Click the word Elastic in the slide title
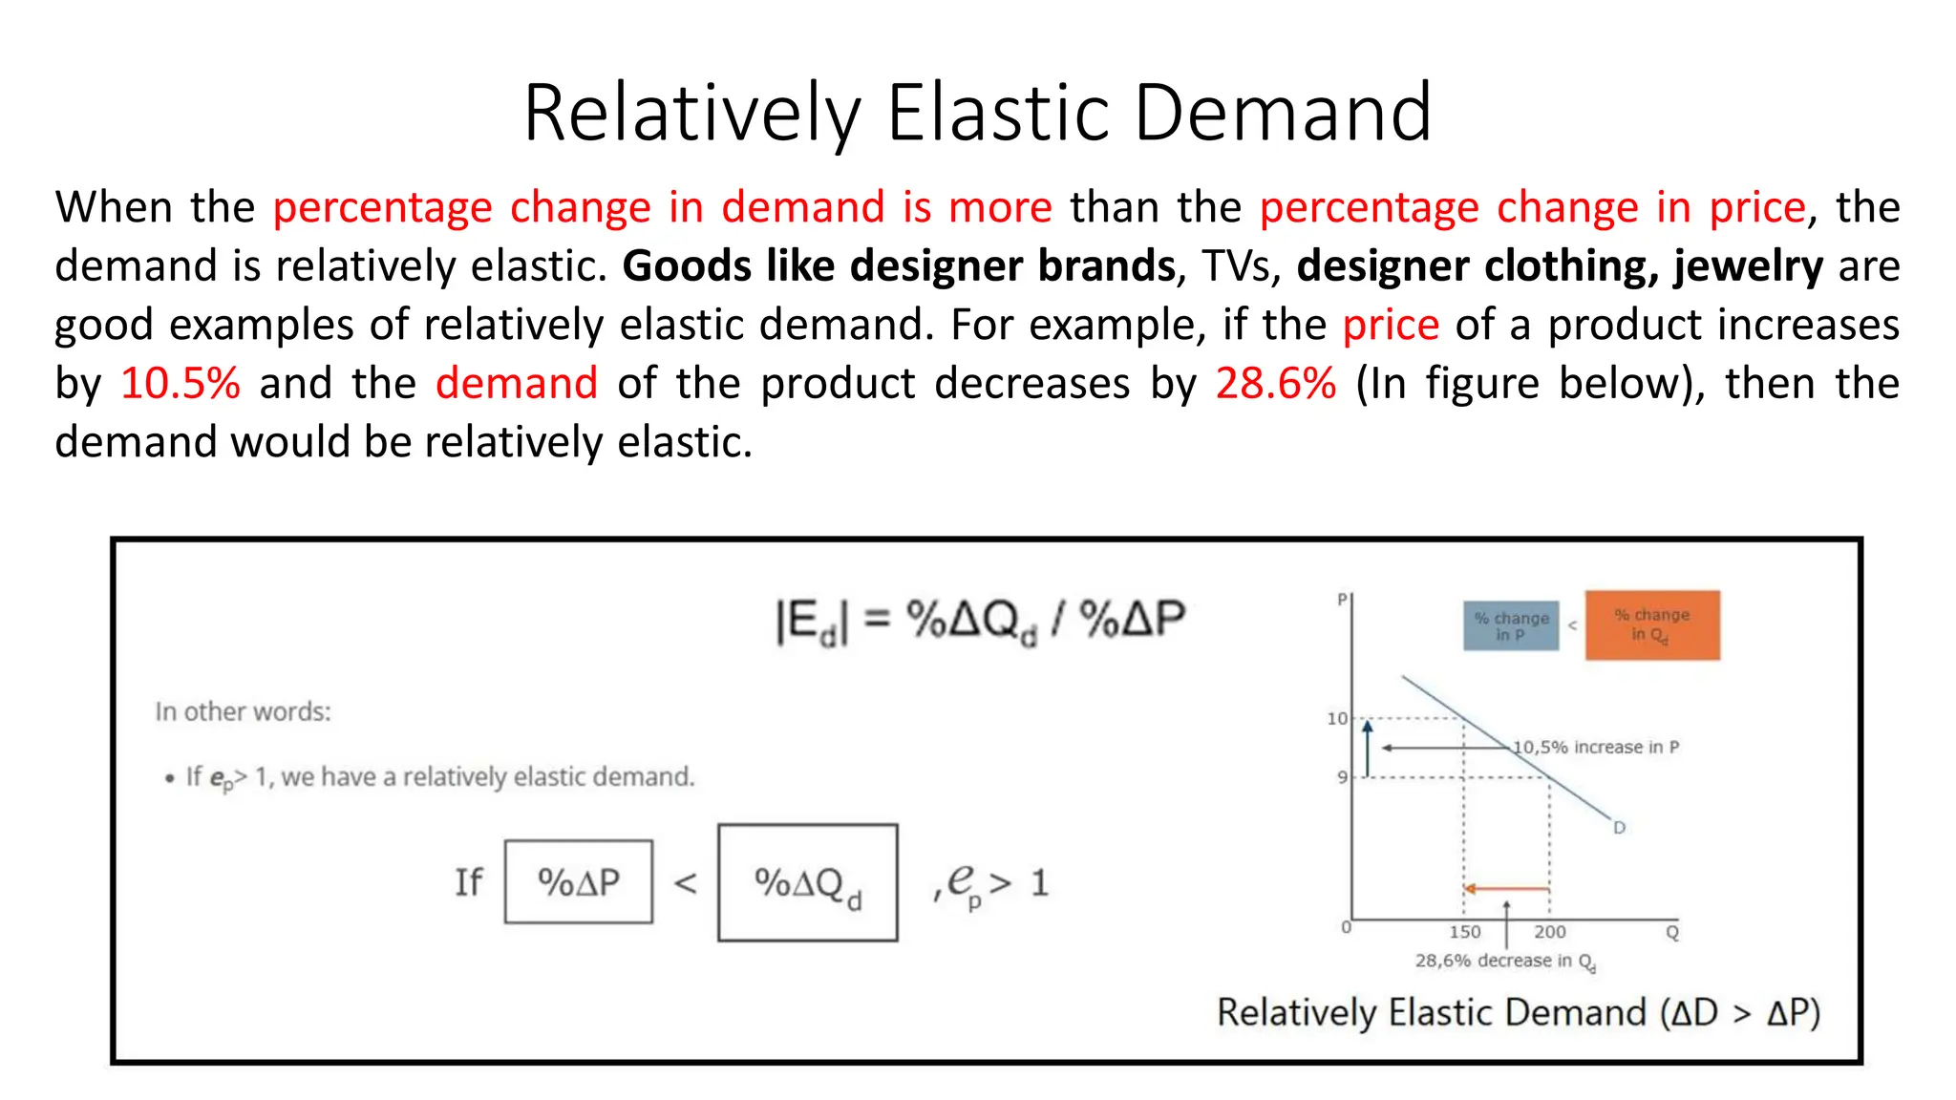[x=998, y=113]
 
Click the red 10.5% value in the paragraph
[x=181, y=384]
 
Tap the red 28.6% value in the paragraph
[x=1275, y=384]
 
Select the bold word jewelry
[x=1748, y=266]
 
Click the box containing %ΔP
[x=579, y=881]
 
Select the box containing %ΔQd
[x=808, y=883]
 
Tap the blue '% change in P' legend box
[x=1511, y=626]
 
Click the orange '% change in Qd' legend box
[x=1652, y=625]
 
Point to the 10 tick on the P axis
[x=1337, y=718]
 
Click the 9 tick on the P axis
[x=1342, y=777]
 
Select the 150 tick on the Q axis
[x=1464, y=932]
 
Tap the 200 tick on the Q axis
[x=1549, y=932]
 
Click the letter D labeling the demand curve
[x=1619, y=828]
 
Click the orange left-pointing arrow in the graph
[x=1506, y=889]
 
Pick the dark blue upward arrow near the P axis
[x=1368, y=749]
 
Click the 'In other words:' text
[x=243, y=712]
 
